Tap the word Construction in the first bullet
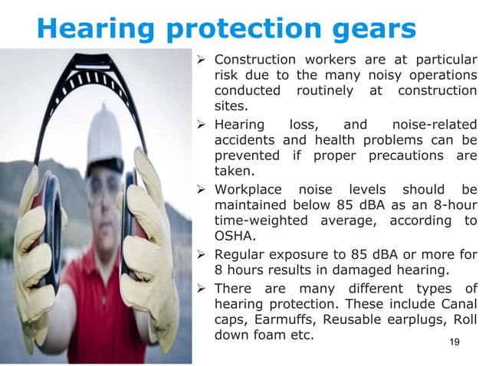coord(257,60)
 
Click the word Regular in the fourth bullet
coord(243,254)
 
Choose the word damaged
coord(365,270)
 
